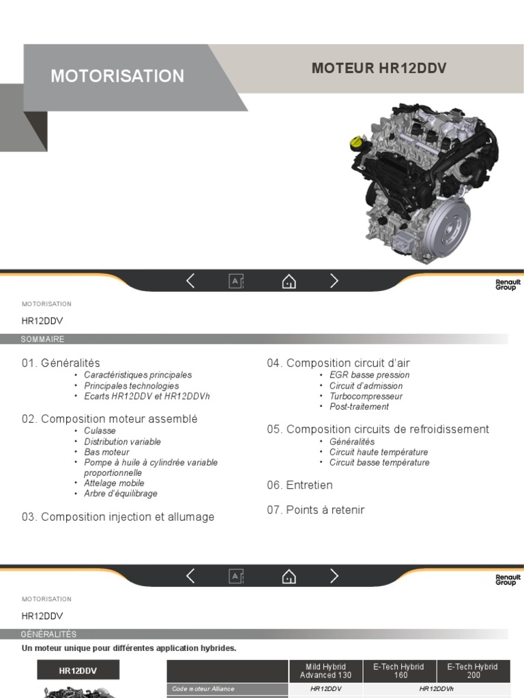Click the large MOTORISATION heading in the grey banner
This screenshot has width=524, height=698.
coord(117,76)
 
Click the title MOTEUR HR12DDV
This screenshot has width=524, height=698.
coord(379,68)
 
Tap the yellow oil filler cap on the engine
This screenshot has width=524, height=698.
coord(357,143)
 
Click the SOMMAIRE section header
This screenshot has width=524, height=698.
coord(42,339)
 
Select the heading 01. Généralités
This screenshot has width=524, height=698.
coord(61,363)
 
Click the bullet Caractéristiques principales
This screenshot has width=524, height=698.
coord(138,375)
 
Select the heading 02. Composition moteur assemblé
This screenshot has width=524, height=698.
coord(109,419)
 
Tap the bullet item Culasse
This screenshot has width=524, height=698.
coord(100,431)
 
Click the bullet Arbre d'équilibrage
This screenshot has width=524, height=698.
coord(121,494)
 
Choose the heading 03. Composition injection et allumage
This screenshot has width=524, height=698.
coord(117,517)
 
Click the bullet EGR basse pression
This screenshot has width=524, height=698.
coord(369,375)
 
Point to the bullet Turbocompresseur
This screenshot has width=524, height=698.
coord(366,396)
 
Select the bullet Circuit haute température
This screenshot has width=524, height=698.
coord(379,452)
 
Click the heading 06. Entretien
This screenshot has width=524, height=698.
coord(300,485)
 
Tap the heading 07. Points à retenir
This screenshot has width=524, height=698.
coord(315,510)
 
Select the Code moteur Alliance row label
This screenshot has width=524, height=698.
coord(203,689)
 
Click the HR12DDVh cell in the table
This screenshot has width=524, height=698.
coord(437,689)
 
